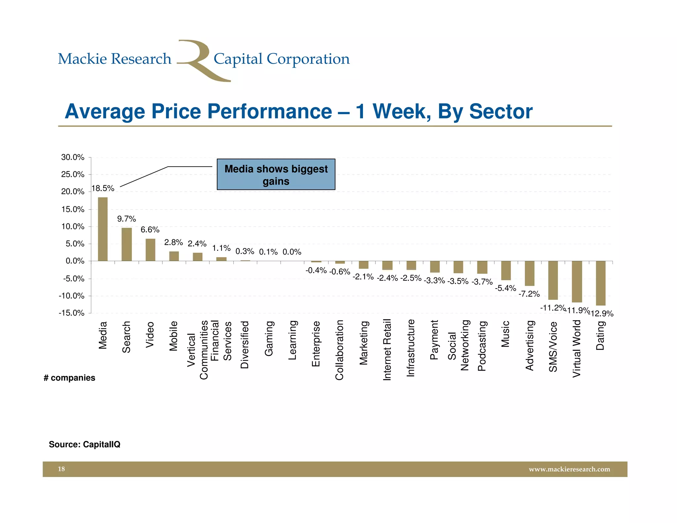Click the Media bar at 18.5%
pyautogui.click(x=103, y=229)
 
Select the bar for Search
pyautogui.click(x=127, y=244)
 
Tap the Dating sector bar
pyautogui.click(x=601, y=283)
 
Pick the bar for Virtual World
pyautogui.click(x=577, y=281)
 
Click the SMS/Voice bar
pyautogui.click(x=553, y=280)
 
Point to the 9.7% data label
pyautogui.click(x=127, y=219)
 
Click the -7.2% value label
pyautogui.click(x=529, y=294)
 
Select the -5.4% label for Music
pyautogui.click(x=505, y=288)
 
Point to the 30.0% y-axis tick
pyautogui.click(x=73, y=157)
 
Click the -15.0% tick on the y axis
pyautogui.click(x=71, y=313)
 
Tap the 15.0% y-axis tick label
pyautogui.click(x=73, y=209)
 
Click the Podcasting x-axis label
pyautogui.click(x=482, y=346)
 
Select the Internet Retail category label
pyautogui.click(x=387, y=349)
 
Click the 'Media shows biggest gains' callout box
pyautogui.click(x=276, y=175)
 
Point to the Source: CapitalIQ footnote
pyautogui.click(x=85, y=444)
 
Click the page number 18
pyautogui.click(x=61, y=469)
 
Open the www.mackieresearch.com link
pyautogui.click(x=569, y=469)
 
